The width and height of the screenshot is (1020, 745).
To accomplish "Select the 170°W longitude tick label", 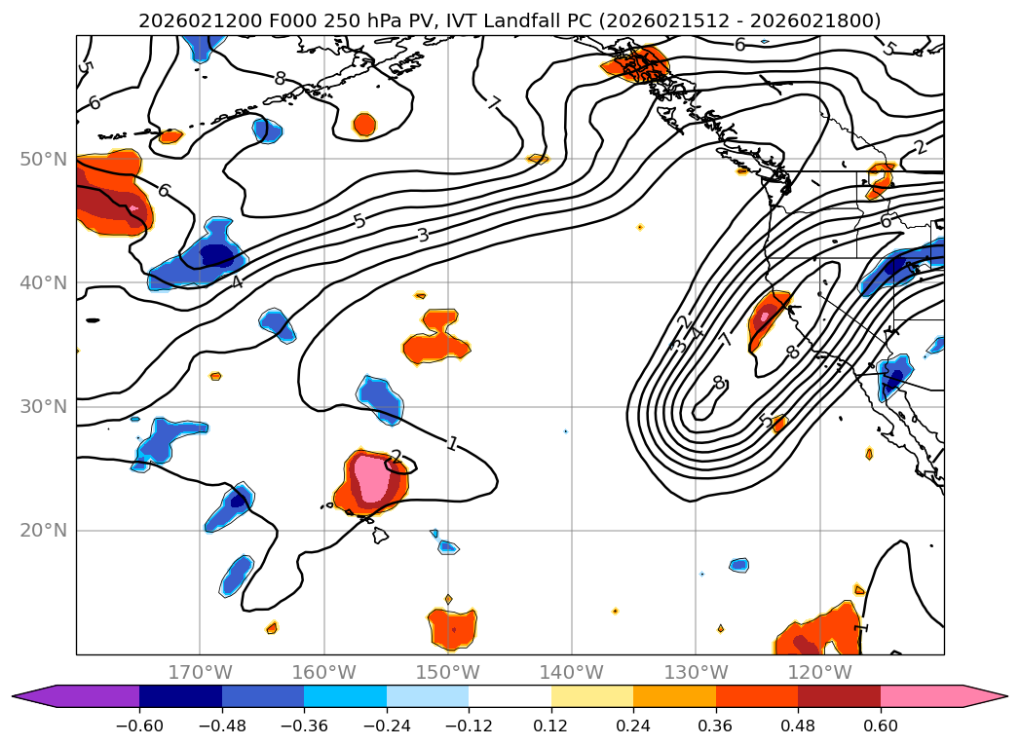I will tap(200, 672).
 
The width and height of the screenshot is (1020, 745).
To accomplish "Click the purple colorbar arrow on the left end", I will tap(34, 695).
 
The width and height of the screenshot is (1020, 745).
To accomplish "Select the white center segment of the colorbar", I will tap(510, 695).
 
